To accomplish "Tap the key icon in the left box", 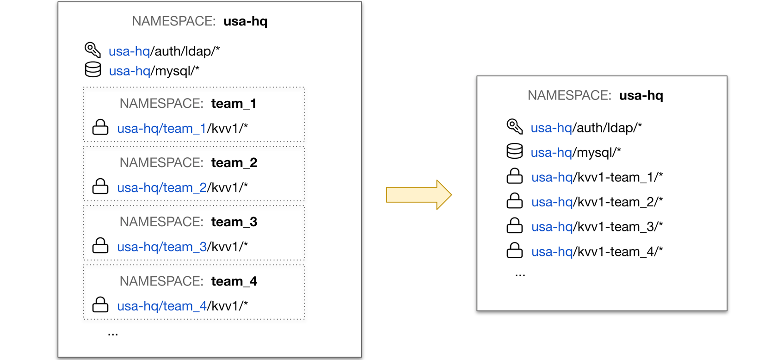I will pyautogui.click(x=92, y=50).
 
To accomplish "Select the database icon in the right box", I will pyautogui.click(x=514, y=151).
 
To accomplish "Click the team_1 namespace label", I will pyautogui.click(x=234, y=104).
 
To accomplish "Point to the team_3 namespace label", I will pyautogui.click(x=234, y=222).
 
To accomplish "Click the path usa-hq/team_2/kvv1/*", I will pyautogui.click(x=182, y=187).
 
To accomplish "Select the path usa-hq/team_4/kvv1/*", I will pyautogui.click(x=182, y=306).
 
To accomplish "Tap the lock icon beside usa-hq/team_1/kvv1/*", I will pyautogui.click(x=100, y=127).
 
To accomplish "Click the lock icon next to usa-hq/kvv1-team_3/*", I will pyautogui.click(x=514, y=226).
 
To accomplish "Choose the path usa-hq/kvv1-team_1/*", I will pyautogui.click(x=597, y=177).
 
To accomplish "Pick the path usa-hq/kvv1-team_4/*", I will pyautogui.click(x=597, y=252).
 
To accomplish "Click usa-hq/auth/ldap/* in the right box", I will pyautogui.click(x=586, y=128).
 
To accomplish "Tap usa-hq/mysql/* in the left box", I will pyautogui.click(x=154, y=71).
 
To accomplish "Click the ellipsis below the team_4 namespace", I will pyautogui.click(x=112, y=334).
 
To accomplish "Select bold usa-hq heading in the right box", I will pyautogui.click(x=641, y=95).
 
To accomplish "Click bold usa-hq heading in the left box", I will pyautogui.click(x=245, y=21).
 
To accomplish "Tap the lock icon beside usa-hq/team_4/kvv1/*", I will pyautogui.click(x=100, y=305).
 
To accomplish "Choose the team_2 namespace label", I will pyautogui.click(x=234, y=163).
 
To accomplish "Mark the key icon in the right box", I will pyautogui.click(x=514, y=126).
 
